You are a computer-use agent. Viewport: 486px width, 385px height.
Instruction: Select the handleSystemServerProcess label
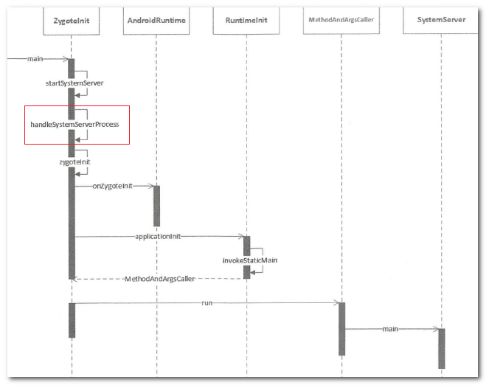click(74, 125)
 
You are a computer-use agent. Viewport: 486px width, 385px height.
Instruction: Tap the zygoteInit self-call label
click(74, 161)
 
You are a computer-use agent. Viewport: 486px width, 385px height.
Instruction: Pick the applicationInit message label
click(159, 237)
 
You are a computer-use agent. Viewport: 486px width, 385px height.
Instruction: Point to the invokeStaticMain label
click(246, 260)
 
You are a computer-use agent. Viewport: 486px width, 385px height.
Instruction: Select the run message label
click(206, 302)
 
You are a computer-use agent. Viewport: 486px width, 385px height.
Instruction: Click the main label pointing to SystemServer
click(390, 329)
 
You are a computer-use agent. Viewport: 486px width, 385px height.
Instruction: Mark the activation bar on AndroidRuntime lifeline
click(156, 206)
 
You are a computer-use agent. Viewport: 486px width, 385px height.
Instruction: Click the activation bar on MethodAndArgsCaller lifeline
click(341, 328)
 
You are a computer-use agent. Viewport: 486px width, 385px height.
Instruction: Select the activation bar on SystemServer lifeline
click(441, 348)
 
